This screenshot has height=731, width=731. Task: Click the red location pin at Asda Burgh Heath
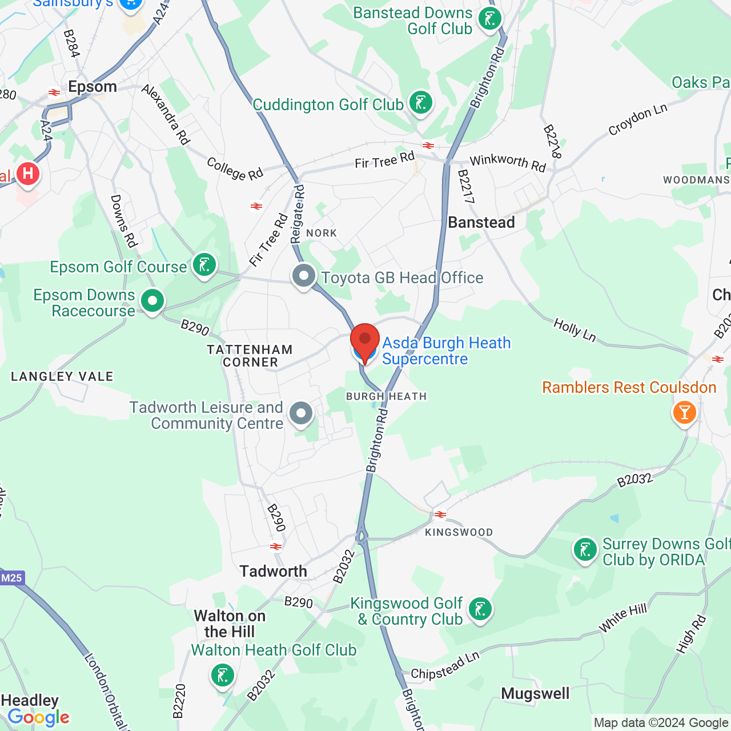364,342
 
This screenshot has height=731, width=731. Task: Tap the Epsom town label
93,87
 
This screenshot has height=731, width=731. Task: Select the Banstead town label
481,222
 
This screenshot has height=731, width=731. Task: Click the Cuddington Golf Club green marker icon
421,103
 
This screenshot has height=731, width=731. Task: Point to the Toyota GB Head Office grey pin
304,276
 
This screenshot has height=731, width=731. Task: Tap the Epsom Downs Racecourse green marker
152,300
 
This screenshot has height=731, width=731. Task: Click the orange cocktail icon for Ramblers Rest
684,412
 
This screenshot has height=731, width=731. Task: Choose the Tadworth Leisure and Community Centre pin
301,413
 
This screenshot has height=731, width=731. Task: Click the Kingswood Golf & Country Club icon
480,609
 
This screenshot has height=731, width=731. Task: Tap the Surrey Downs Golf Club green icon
585,550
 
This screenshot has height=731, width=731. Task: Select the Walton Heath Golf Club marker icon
222,675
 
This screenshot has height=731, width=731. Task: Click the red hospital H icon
27,173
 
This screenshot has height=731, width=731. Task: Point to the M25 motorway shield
11,578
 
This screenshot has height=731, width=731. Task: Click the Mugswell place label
535,694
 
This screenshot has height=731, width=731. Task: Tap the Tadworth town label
273,571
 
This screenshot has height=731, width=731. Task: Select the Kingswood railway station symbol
440,515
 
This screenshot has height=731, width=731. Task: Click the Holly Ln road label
575,331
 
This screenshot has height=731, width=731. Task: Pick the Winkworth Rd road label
507,163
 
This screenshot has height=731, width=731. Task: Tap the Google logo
38,717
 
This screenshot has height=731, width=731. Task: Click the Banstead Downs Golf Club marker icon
489,19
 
